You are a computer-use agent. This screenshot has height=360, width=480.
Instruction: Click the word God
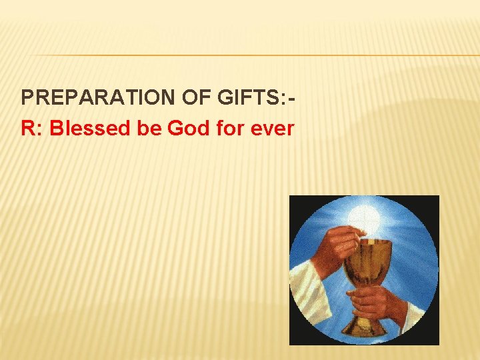click(x=187, y=128)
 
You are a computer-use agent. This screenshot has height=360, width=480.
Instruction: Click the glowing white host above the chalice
click(x=364, y=217)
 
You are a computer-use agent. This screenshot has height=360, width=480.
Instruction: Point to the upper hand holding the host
click(x=337, y=240)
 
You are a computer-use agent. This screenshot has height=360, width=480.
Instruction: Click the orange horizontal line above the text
click(x=253, y=55)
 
